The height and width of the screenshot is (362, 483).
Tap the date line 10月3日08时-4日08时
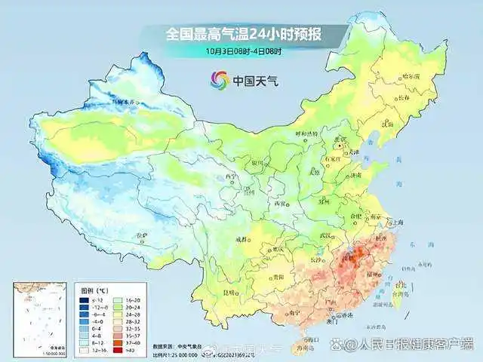point(244,51)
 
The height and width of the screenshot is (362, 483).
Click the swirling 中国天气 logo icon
point(220,79)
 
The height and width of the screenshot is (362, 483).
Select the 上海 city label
point(399,222)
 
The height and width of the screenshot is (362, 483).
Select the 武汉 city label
point(327,236)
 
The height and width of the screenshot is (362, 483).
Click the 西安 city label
point(281,204)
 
